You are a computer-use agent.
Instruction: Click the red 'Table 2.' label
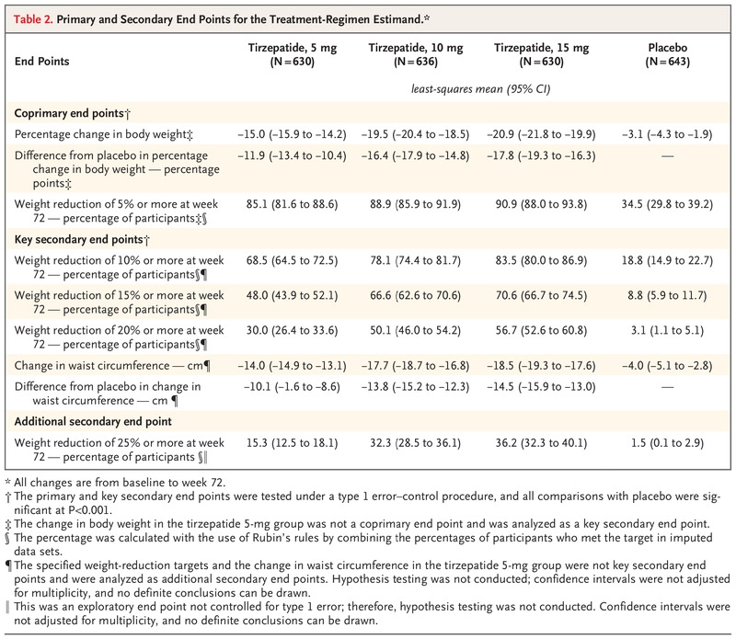coord(33,19)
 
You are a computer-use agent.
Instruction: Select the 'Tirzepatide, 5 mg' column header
coord(292,54)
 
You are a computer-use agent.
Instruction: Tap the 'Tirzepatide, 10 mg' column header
coord(416,54)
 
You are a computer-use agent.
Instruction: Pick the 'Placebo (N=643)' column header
coord(668,54)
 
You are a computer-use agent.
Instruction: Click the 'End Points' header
coord(41,62)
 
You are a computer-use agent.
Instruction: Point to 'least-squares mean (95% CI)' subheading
coord(480,89)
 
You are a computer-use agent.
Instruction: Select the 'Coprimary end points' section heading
coord(73,113)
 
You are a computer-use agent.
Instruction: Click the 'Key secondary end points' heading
coord(82,240)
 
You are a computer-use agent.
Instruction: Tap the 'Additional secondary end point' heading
coord(93,421)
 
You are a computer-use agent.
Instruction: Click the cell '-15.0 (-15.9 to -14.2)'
coord(292,134)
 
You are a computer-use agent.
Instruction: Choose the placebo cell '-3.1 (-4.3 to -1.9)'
coord(667,134)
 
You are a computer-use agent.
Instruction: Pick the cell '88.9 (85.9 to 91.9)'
coord(416,204)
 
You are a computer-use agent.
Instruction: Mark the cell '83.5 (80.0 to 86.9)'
coord(541,260)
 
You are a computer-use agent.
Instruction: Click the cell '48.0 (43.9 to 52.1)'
coord(292,295)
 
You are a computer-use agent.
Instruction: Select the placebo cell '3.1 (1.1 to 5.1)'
coord(667,331)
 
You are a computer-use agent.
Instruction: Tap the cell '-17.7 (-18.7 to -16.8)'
coord(416,366)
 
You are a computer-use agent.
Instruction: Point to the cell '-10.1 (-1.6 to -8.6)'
coord(292,387)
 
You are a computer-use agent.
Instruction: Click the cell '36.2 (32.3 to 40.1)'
coord(541,443)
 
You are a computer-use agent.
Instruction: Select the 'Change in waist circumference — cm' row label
coord(112,366)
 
